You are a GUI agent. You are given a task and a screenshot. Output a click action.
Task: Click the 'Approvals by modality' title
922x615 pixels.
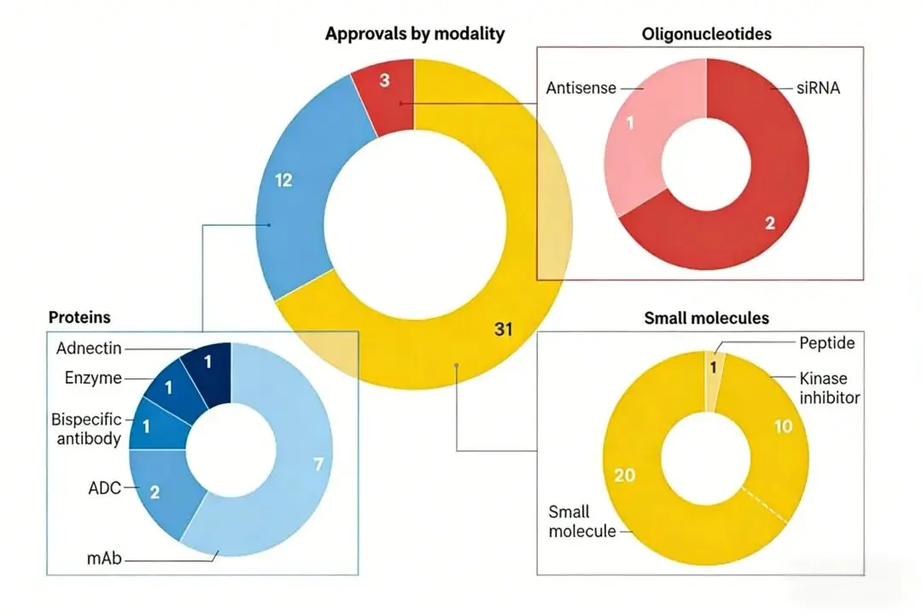click(415, 34)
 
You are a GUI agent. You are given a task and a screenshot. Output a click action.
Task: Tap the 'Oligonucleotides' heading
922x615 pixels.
click(706, 34)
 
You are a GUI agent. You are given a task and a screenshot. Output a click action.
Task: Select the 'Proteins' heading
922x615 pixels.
click(79, 317)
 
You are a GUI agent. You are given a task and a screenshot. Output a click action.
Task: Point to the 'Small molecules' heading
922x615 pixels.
click(706, 319)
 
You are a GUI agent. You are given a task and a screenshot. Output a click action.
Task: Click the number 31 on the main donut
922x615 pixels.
click(504, 328)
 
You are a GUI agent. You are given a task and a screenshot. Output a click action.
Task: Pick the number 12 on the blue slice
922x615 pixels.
click(283, 180)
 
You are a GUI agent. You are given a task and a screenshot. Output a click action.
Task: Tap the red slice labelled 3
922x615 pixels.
click(385, 81)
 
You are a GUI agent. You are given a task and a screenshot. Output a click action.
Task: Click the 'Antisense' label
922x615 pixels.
click(581, 87)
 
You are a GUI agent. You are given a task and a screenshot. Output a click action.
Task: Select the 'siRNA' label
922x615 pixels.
click(817, 87)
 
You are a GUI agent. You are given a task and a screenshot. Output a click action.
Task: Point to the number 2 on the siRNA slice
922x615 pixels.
click(770, 224)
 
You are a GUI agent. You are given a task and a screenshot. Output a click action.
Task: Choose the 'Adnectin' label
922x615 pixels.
click(89, 348)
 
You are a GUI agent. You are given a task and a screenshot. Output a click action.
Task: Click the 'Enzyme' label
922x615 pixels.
click(93, 378)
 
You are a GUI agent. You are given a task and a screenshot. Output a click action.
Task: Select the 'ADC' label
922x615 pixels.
click(104, 489)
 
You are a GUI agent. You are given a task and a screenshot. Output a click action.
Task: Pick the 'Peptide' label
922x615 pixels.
click(827, 343)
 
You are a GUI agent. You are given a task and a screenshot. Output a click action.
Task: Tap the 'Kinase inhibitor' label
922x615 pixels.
click(829, 387)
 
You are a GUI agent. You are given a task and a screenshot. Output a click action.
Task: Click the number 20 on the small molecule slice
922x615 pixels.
click(625, 475)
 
